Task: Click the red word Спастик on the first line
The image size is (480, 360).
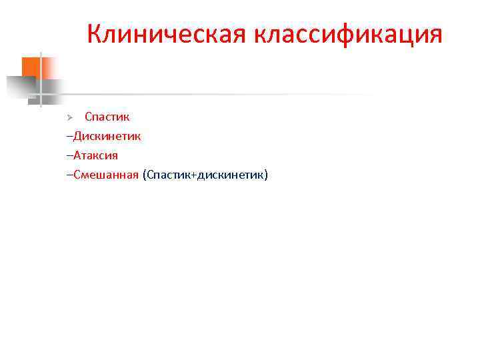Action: click(x=107, y=117)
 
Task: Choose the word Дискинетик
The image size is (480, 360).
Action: click(x=107, y=136)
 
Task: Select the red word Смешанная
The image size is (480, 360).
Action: click(x=105, y=175)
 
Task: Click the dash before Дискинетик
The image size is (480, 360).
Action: click(x=69, y=137)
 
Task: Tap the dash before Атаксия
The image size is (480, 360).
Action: click(x=69, y=156)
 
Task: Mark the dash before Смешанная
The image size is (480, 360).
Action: click(x=69, y=175)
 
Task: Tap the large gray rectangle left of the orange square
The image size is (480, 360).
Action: click(x=20, y=86)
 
